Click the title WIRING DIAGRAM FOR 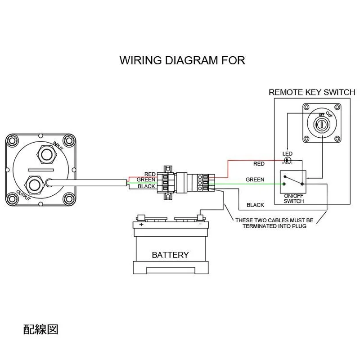click(182, 61)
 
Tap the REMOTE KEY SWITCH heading click(312, 92)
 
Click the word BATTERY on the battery click(170, 255)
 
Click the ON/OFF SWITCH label click(294, 198)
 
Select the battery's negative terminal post click(201, 218)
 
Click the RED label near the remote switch click(259, 164)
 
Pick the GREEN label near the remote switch click(255, 180)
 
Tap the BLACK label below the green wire click(255, 205)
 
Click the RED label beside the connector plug click(150, 174)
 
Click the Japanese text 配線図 click(40, 329)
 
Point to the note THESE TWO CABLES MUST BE click(274, 220)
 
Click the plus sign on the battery click(141, 224)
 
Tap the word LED click(287, 153)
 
